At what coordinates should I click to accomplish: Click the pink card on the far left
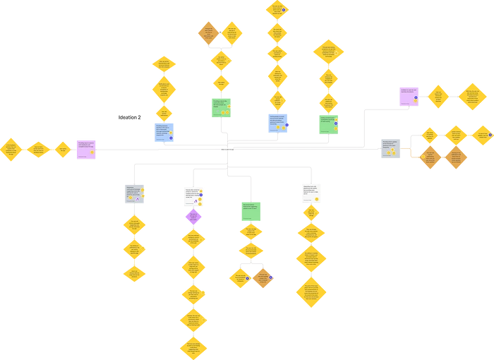pyautogui.click(x=85, y=149)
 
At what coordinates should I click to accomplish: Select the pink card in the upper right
pyautogui.click(x=409, y=96)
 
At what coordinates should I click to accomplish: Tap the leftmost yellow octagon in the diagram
pyautogui.click(x=11, y=150)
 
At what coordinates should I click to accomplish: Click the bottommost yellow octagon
pyautogui.click(x=193, y=347)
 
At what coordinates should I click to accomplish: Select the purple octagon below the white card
pyautogui.click(x=193, y=217)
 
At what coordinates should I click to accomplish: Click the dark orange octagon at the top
pyautogui.click(x=208, y=32)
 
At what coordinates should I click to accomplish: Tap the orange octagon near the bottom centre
pyautogui.click(x=263, y=277)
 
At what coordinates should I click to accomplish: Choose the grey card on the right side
pyautogui.click(x=390, y=147)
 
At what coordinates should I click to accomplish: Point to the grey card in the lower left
pyautogui.click(x=135, y=192)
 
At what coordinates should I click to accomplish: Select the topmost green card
pyautogui.click(x=221, y=107)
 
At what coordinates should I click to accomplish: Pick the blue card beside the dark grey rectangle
pyautogui.click(x=164, y=132)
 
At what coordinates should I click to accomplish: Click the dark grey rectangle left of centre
pyautogui.click(x=129, y=118)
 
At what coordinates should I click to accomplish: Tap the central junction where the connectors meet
pyautogui.click(x=227, y=150)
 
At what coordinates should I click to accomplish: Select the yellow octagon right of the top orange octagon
pyautogui.click(x=232, y=32)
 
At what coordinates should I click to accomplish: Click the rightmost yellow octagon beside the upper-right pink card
pyautogui.click(x=472, y=96)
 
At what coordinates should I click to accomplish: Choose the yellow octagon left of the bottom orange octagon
pyautogui.click(x=240, y=277)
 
